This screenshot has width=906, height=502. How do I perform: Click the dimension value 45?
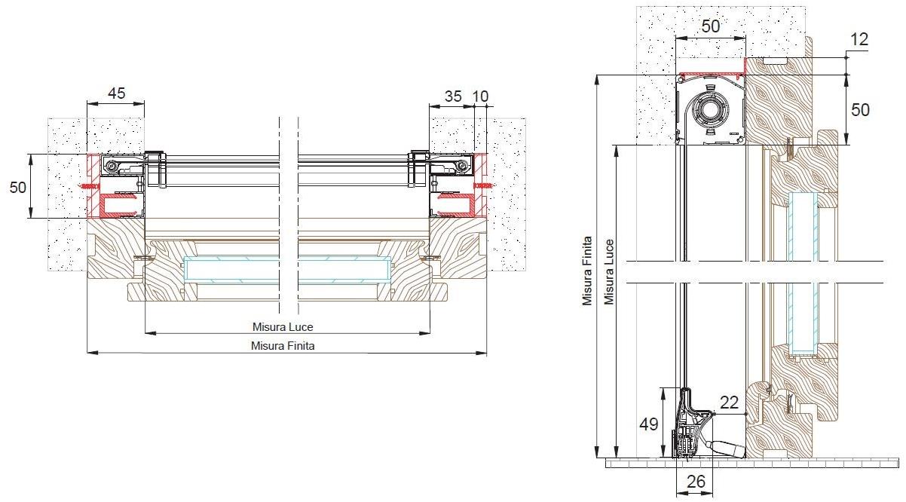(x=117, y=93)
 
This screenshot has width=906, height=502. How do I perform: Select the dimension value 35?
(x=453, y=96)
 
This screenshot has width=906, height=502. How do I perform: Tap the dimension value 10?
(x=480, y=96)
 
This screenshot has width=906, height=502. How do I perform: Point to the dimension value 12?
(x=859, y=39)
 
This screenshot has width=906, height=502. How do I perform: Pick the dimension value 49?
(x=648, y=424)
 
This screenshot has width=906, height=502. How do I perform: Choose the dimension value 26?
(x=696, y=482)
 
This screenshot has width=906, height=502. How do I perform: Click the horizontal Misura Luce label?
(x=283, y=327)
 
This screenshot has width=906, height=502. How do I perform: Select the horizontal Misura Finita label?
(x=283, y=346)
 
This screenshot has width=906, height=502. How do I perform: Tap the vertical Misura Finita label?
(x=587, y=271)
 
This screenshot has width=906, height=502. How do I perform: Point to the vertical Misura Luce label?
(x=609, y=272)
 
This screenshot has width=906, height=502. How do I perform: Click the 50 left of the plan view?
(x=18, y=187)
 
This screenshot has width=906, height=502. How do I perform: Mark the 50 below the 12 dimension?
(x=860, y=110)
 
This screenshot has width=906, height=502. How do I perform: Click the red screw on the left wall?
(x=90, y=186)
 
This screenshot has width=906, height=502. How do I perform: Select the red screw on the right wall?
(x=484, y=185)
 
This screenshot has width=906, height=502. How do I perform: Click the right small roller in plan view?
(x=462, y=165)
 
